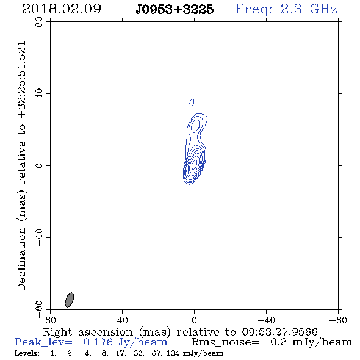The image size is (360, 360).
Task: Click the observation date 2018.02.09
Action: tap(62, 9)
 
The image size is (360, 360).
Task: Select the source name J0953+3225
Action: tap(175, 10)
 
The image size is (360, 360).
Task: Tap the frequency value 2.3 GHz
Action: tap(309, 9)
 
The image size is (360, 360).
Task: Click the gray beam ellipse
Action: tap(70, 300)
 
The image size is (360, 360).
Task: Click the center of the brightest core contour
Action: tap(194, 164)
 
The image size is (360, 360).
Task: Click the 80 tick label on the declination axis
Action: tap(39, 22)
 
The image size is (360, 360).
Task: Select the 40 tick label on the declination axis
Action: tap(39, 94)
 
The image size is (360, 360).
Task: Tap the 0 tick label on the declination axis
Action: tap(39, 165)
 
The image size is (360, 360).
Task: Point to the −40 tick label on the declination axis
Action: tap(39, 237)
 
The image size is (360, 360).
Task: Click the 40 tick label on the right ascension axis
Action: tap(122, 320)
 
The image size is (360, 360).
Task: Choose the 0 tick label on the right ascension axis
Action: tap(194, 320)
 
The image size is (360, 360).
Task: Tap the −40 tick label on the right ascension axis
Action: tap(266, 320)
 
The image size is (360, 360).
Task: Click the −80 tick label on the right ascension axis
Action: tap(338, 320)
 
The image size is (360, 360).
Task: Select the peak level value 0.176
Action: tap(98, 342)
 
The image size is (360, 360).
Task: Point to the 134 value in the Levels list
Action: tap(173, 353)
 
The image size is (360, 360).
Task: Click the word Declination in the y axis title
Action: tap(21, 259)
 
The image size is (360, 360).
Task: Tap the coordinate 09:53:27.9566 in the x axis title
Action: tap(279, 332)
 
